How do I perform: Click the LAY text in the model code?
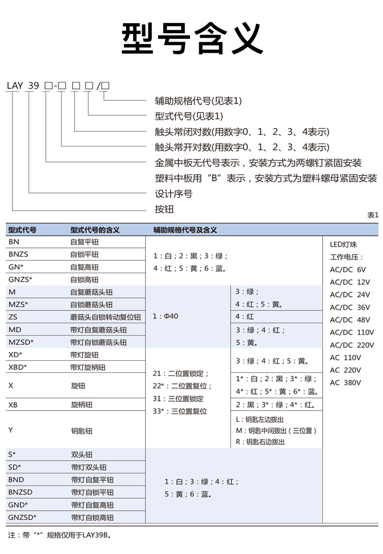point(15,86)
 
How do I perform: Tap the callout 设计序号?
point(173,194)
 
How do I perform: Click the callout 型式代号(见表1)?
point(189,116)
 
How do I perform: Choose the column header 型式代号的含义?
point(95,230)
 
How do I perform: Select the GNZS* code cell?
point(20,279)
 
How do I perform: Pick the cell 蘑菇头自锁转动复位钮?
point(105,317)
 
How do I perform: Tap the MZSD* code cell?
point(21,342)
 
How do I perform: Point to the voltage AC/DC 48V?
point(350,320)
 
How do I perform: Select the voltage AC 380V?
point(346,382)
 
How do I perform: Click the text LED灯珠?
point(343,244)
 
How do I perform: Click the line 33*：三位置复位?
point(180,411)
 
